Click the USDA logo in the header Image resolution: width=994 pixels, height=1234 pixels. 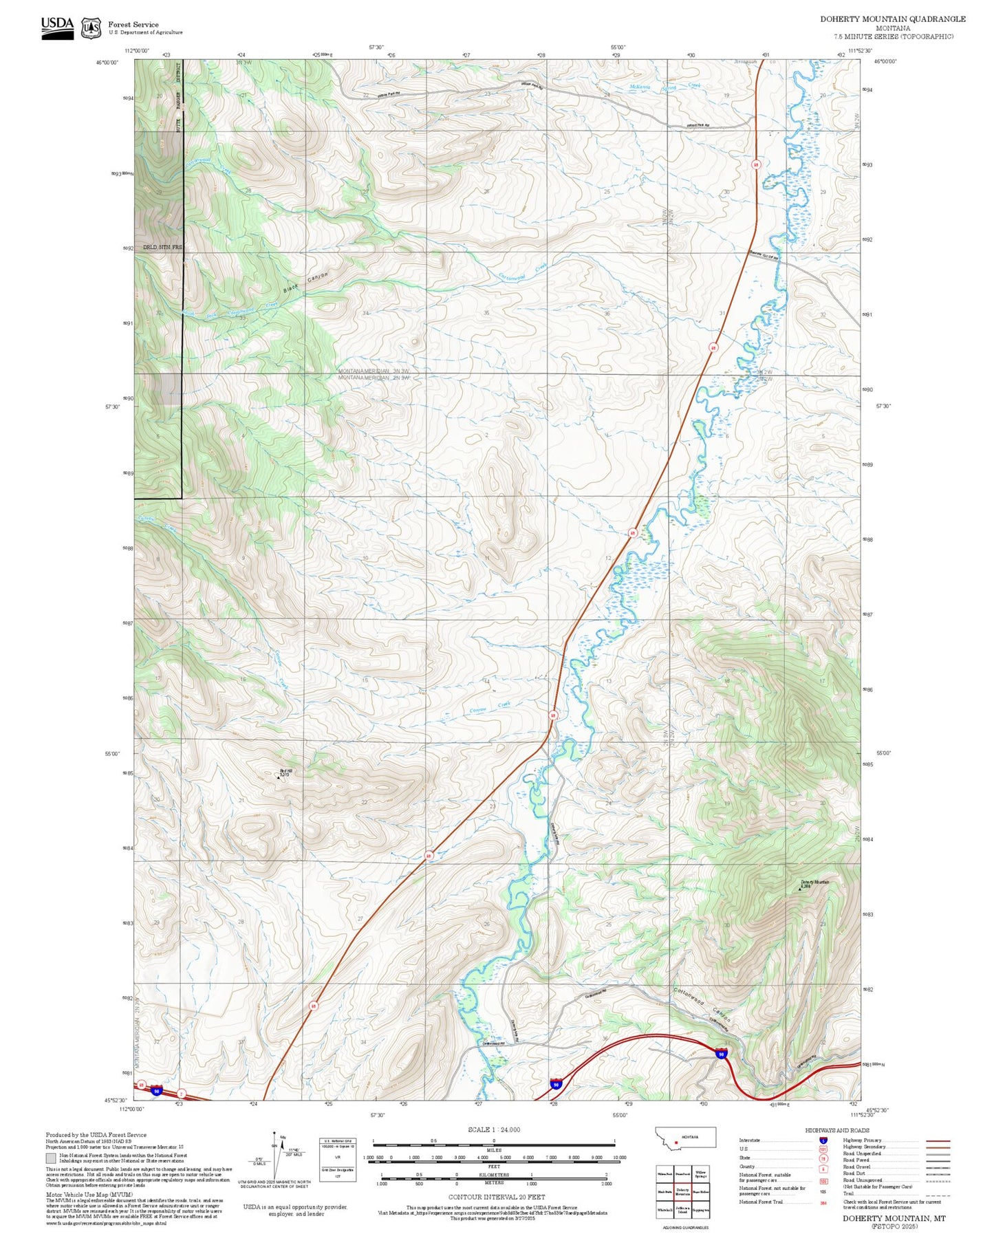pos(57,28)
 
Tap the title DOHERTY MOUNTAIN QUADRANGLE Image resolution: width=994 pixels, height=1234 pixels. pos(892,19)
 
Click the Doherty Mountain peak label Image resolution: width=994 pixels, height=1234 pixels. pos(814,883)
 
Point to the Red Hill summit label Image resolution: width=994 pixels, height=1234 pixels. pos(285,772)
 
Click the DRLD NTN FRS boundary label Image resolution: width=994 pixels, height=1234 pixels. pos(162,247)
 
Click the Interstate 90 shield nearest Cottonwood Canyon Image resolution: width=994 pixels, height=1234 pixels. pos(720,1054)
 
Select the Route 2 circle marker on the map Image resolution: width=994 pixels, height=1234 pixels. pos(181,1094)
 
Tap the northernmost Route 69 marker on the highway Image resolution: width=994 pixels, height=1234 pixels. pos(755,165)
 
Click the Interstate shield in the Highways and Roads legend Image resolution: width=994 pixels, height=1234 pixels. pos(823,1140)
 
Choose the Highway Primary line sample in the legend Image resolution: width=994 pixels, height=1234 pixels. pos(938,1141)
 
